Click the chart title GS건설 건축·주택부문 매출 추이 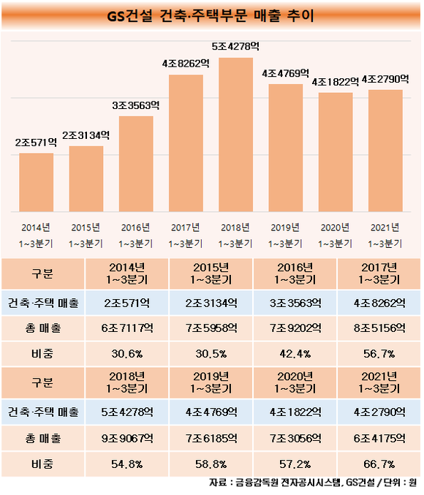pyautogui.click(x=211, y=16)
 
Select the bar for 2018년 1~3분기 pyautogui.click(x=235, y=135)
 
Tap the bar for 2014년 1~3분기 pyautogui.click(x=37, y=183)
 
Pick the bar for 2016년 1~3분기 pyautogui.click(x=136, y=164)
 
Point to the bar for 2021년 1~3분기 pyautogui.click(x=385, y=151)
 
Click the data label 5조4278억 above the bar pyautogui.click(x=235, y=47)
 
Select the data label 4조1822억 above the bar pyautogui.click(x=336, y=82)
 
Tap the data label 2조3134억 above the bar pyautogui.click(x=86, y=135)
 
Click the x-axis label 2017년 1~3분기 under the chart pyautogui.click(x=186, y=235)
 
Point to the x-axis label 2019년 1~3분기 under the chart pyautogui.click(x=285, y=235)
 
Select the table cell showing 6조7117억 pyautogui.click(x=127, y=328)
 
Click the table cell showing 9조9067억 pyautogui.click(x=127, y=438)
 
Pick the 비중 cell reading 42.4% pyautogui.click(x=295, y=354)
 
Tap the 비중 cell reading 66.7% pyautogui.click(x=379, y=464)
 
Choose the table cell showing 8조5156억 pyautogui.click(x=379, y=328)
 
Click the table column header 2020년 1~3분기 pyautogui.click(x=295, y=382)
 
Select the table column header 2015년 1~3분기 pyautogui.click(x=211, y=273)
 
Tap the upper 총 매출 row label pyautogui.click(x=43, y=328)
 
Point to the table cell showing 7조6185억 pyautogui.click(x=211, y=438)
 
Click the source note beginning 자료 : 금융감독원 pyautogui.click(x=313, y=483)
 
